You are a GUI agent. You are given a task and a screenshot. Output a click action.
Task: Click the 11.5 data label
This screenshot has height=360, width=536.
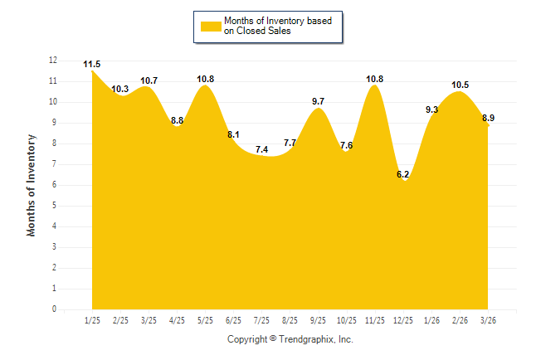(x=92, y=65)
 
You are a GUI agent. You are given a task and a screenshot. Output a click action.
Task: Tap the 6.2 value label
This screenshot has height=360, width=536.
(x=403, y=174)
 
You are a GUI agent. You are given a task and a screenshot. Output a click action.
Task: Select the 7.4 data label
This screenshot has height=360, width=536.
(x=261, y=149)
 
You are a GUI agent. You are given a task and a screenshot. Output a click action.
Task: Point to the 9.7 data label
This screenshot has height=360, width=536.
(x=318, y=101)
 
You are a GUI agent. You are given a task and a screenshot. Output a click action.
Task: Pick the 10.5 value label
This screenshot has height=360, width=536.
(x=460, y=85)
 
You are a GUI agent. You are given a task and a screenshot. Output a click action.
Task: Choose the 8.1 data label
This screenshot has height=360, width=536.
(x=233, y=134)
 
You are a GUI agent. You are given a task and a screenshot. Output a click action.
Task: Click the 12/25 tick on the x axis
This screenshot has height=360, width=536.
(x=402, y=320)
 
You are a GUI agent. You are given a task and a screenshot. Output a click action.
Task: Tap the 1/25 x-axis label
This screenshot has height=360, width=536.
(x=92, y=320)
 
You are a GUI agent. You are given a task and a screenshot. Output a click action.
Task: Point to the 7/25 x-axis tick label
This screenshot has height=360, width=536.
(x=261, y=320)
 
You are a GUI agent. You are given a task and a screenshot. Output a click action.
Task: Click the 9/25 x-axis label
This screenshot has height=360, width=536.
(x=318, y=320)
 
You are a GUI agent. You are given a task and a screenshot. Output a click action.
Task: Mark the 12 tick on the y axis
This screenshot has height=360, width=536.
(x=53, y=61)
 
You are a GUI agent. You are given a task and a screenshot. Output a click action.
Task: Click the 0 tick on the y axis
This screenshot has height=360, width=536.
(x=55, y=309)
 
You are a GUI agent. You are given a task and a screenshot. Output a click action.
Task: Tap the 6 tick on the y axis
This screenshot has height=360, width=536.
(x=55, y=185)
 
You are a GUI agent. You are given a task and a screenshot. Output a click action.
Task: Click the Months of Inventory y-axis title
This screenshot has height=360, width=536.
(x=32, y=185)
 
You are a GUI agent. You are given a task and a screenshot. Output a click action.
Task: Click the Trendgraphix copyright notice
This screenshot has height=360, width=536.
(x=290, y=339)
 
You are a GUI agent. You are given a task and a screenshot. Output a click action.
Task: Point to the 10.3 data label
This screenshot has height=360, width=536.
(x=120, y=89)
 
